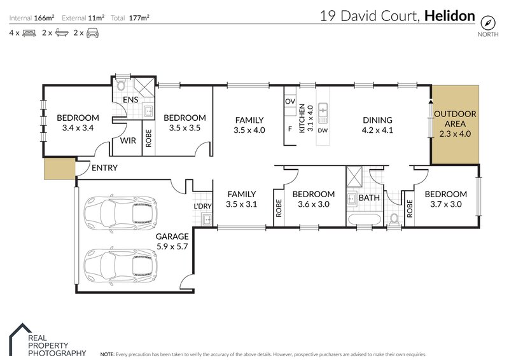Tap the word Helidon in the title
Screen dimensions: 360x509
coord(449,15)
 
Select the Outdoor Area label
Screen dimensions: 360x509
coord(454,124)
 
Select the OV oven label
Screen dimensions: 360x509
coord(289,102)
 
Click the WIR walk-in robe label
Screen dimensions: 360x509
coord(129,141)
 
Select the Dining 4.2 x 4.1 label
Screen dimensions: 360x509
coord(377,125)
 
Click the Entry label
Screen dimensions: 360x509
coord(104,168)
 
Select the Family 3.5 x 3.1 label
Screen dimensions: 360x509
coord(241,199)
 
